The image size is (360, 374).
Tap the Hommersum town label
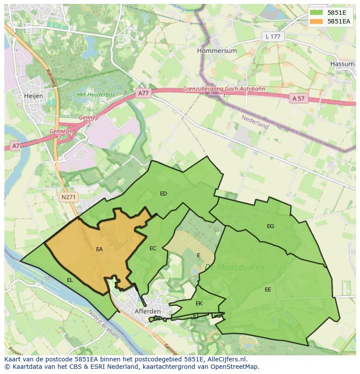(217, 50)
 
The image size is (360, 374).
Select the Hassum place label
(342, 63)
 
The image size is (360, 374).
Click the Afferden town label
(148, 311)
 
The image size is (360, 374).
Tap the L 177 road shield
(273, 36)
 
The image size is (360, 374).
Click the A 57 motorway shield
(299, 99)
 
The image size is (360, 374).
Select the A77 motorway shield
(143, 93)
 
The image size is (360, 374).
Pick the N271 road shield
(68, 197)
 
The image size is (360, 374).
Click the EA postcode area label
(100, 249)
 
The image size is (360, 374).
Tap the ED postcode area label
(163, 194)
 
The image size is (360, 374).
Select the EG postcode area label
(270, 226)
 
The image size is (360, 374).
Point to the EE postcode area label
(268, 289)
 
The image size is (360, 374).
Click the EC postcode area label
(153, 248)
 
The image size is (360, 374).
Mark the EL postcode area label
(70, 280)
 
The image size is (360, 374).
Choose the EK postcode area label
(199, 304)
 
